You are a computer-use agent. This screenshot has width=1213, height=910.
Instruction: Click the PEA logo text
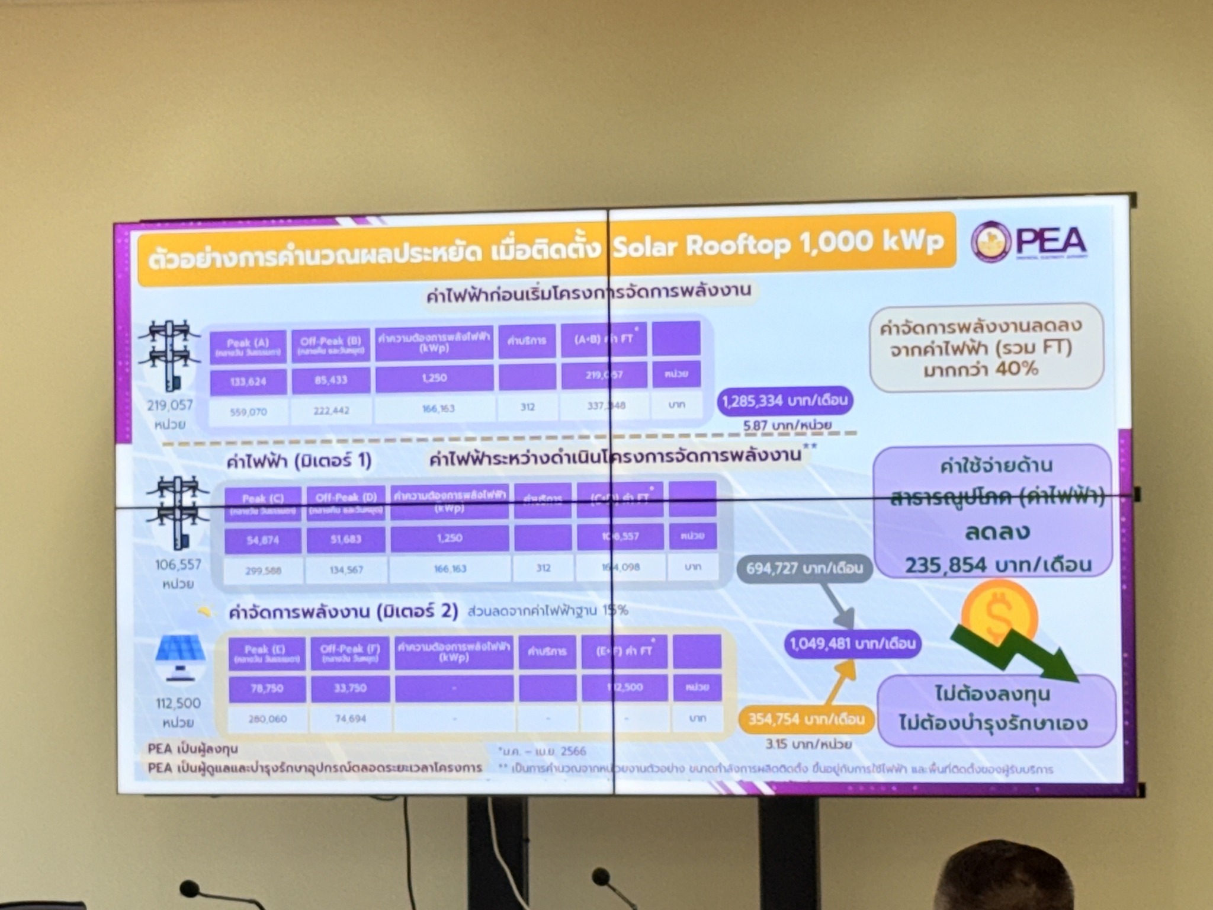tap(1051, 241)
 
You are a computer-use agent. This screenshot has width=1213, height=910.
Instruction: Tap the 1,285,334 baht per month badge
tap(785, 400)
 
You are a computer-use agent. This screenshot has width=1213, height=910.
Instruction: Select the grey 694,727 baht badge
tap(804, 568)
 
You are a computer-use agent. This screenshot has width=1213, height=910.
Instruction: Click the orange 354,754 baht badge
tap(806, 719)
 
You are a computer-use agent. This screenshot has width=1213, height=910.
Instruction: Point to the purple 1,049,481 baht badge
tap(852, 643)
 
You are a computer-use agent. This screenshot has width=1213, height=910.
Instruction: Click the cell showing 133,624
tap(248, 382)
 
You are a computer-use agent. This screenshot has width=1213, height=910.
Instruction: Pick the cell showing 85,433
tap(330, 380)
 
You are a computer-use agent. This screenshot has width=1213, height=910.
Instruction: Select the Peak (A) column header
tap(248, 346)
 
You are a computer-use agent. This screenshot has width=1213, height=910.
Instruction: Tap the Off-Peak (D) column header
tap(346, 502)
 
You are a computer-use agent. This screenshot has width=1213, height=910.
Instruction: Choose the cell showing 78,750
tap(267, 688)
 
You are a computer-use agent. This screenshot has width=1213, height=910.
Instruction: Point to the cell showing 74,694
tap(351, 719)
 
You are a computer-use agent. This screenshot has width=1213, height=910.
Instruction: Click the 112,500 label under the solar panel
tap(178, 703)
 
